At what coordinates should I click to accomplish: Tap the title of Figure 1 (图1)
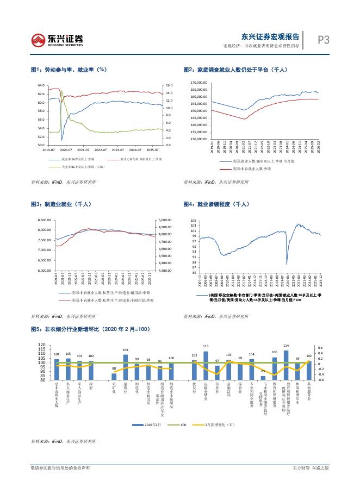[x=68, y=70]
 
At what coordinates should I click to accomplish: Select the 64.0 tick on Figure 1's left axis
[x=41, y=85]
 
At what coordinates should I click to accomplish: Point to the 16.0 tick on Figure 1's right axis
[x=169, y=85]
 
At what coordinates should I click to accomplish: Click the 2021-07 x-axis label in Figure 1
[x=84, y=149]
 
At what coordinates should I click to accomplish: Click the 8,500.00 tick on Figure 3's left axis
[x=44, y=220]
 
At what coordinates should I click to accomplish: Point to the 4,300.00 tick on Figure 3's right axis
[x=165, y=270]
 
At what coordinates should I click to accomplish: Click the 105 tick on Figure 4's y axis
[x=193, y=221]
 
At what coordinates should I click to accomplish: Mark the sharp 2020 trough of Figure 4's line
[x=287, y=264]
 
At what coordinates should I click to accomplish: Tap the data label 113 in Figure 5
[x=206, y=346]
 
